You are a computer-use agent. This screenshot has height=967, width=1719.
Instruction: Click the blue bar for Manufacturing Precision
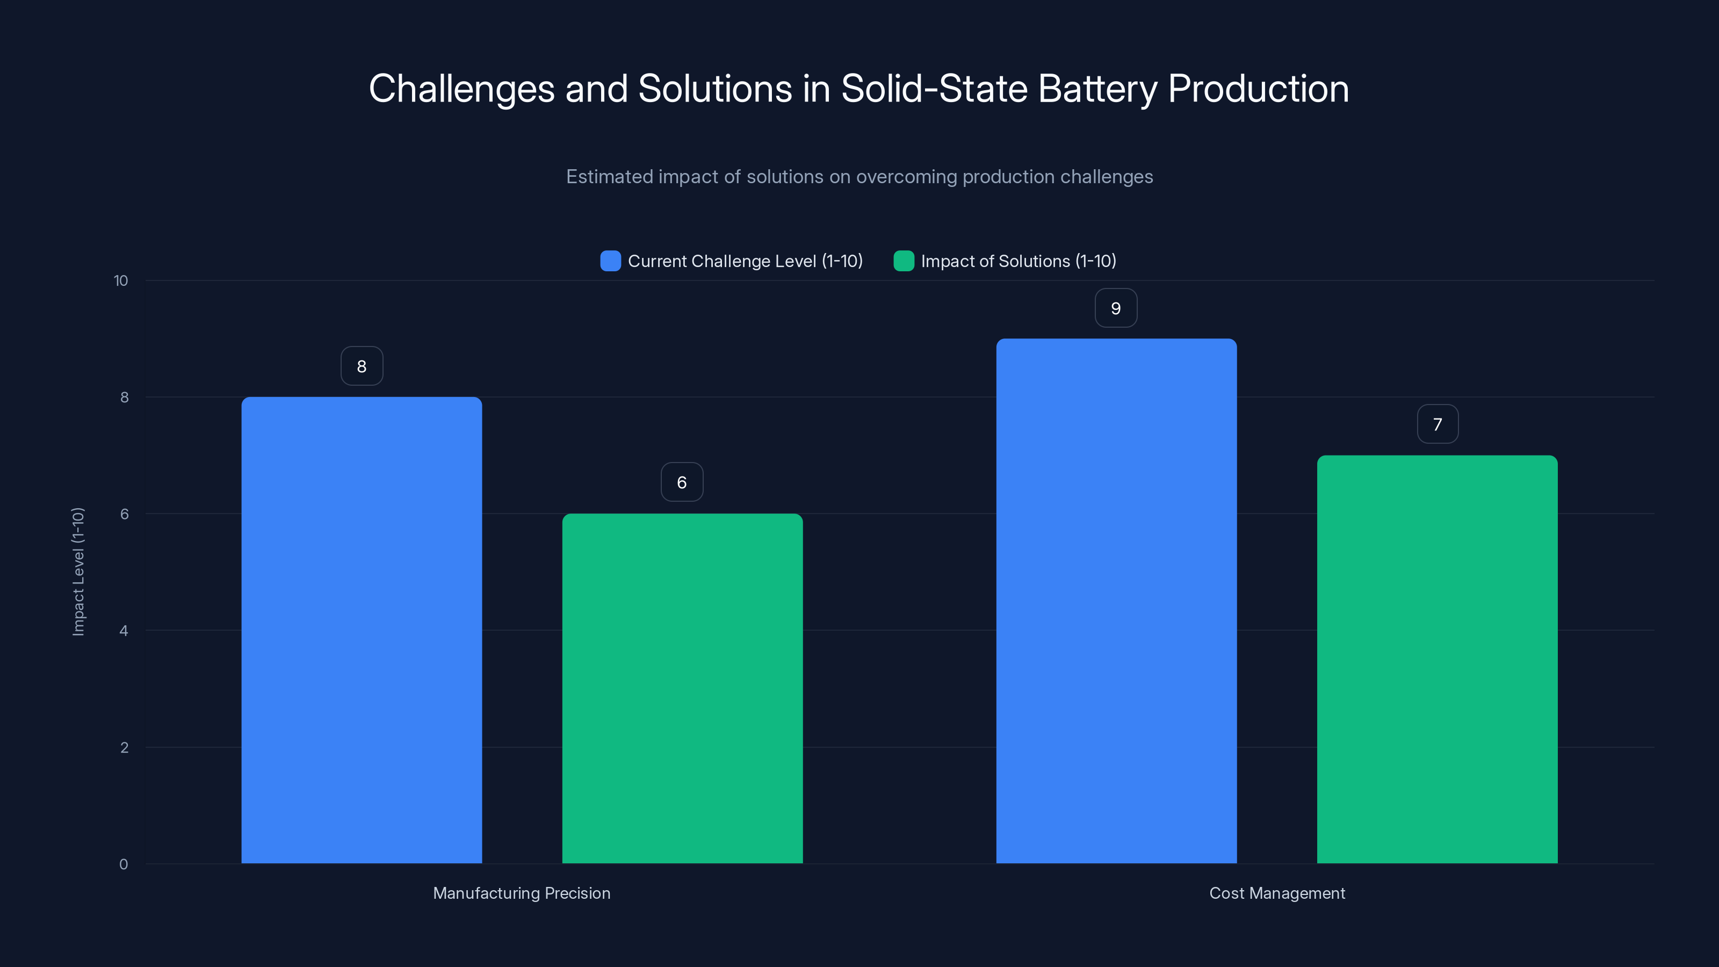[361, 630]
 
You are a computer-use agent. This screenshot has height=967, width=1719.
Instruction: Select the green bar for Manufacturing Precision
[682, 688]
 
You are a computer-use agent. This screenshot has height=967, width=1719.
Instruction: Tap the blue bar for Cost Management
[1116, 601]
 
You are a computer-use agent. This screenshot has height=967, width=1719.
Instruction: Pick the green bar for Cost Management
[1437, 659]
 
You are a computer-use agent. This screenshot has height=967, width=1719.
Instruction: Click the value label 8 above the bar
[362, 366]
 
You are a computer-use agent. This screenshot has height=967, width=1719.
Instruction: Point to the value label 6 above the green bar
[681, 482]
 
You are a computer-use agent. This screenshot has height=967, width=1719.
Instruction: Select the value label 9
[1116, 308]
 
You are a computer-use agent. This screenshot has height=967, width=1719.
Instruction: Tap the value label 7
[1438, 424]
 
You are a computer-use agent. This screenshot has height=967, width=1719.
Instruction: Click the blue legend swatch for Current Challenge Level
[610, 261]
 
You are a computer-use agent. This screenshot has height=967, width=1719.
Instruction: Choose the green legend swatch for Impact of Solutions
[904, 261]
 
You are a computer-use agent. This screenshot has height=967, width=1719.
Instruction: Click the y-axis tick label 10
[121, 281]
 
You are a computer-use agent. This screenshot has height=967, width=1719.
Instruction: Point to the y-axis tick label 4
[124, 631]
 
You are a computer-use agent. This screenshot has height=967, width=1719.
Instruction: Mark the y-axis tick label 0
[124, 864]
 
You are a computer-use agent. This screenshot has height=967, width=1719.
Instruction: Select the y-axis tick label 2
[124, 747]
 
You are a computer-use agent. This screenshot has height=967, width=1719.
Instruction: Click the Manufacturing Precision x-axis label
[521, 893]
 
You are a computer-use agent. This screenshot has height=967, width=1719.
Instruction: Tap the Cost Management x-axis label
[1276, 893]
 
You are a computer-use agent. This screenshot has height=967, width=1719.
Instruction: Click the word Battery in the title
[1097, 89]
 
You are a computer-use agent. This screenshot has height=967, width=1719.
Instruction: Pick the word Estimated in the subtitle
[609, 177]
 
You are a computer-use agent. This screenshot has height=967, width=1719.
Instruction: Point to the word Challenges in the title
[461, 89]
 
